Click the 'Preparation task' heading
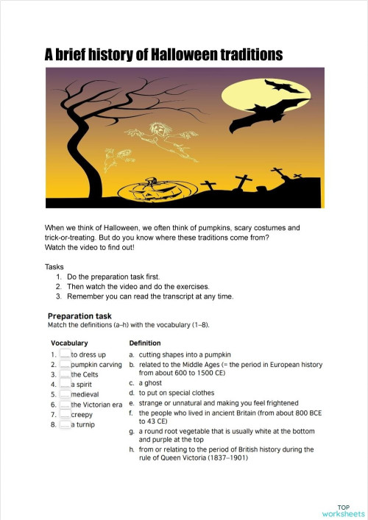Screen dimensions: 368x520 point(79,316)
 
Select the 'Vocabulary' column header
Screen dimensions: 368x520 point(69,343)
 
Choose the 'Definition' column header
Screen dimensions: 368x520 point(145,343)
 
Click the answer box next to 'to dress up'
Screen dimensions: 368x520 point(65,355)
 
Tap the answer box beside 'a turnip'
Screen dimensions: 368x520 point(65,425)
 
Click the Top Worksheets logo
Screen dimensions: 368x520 point(343,510)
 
